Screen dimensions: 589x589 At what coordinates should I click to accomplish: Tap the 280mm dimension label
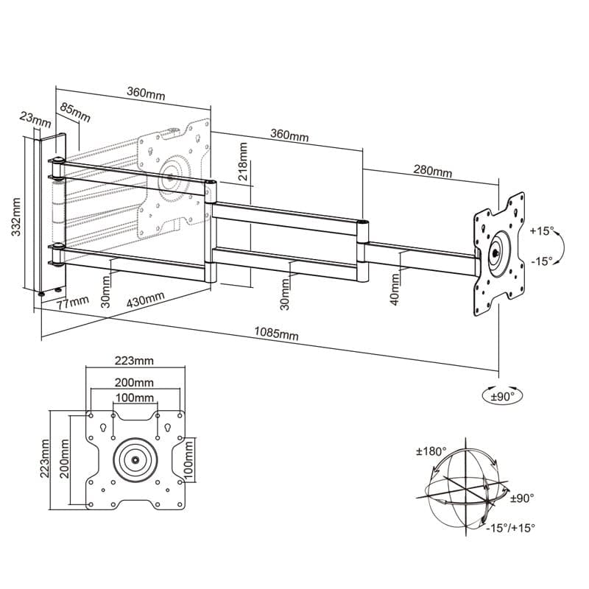click(x=432, y=171)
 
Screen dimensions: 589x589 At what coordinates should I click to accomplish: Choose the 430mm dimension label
click(x=146, y=299)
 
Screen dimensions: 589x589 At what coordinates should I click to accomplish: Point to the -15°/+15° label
click(x=511, y=527)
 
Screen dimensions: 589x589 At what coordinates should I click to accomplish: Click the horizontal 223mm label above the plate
click(x=134, y=360)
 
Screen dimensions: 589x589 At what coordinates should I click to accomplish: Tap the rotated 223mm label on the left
click(x=46, y=457)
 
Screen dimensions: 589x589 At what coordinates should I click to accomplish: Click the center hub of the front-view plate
click(x=136, y=459)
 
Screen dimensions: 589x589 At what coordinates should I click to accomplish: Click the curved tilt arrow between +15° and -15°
click(x=560, y=246)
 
